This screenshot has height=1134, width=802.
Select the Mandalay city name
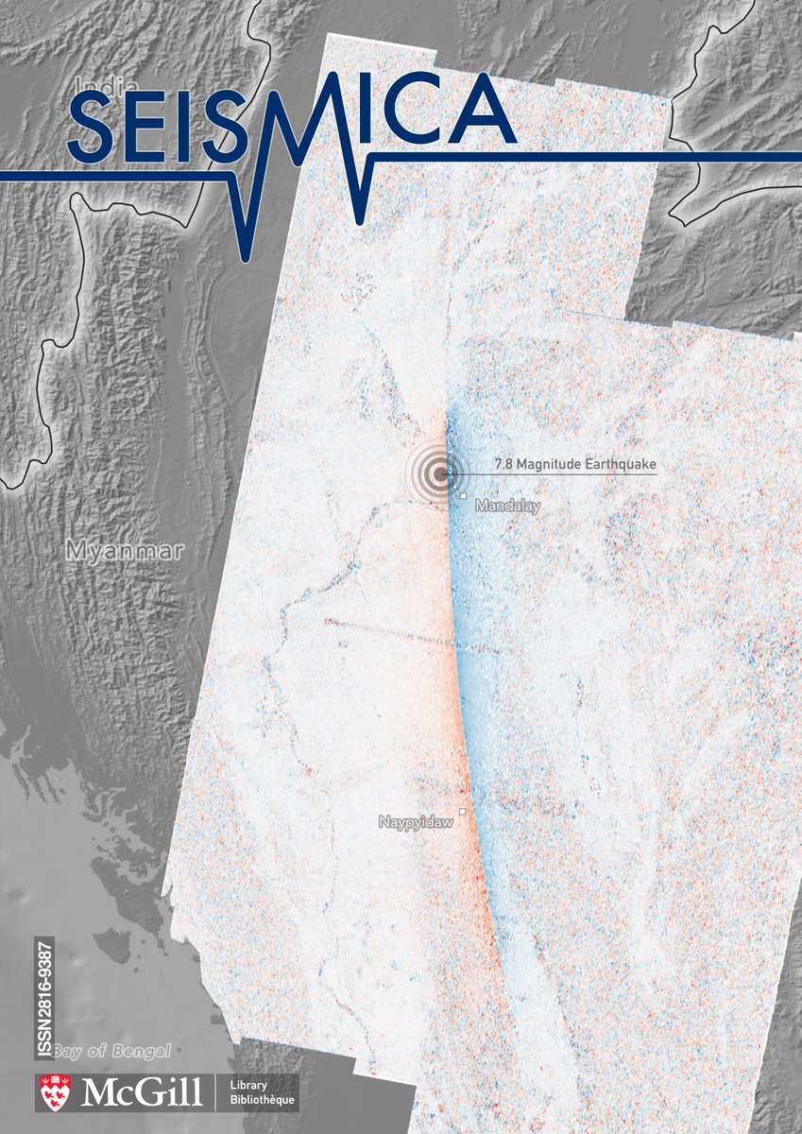pos(507,507)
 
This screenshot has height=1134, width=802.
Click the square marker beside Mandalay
pos(464,495)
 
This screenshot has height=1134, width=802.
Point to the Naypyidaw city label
pos(416,822)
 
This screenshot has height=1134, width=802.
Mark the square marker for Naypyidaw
pos(463,812)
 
